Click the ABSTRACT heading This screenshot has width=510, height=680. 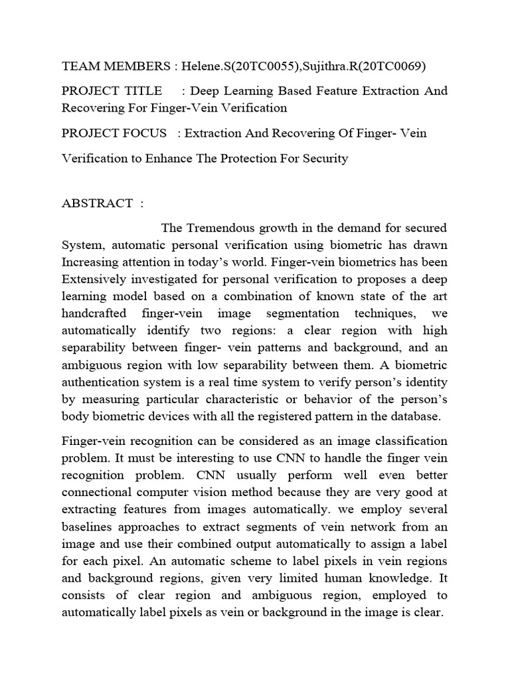click(97, 203)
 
